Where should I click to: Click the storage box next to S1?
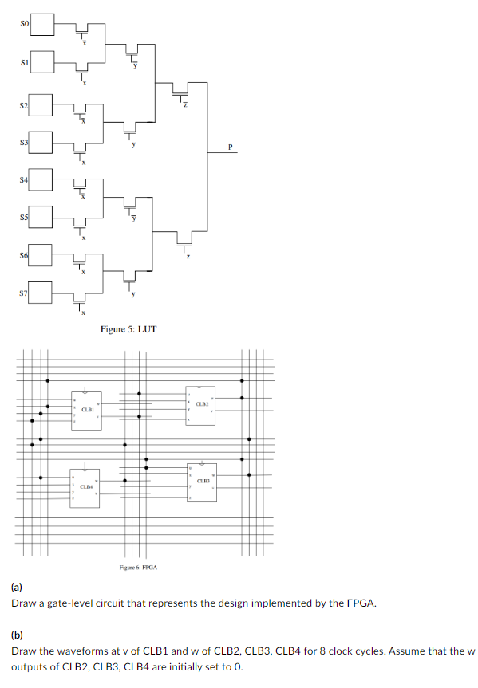42,61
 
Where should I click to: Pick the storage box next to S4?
42,181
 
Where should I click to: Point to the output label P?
231,146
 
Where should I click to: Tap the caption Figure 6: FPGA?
138,567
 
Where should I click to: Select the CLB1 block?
87,411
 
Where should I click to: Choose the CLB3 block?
202,482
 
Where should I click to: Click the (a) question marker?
17,588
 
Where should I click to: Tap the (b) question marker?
17,635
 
